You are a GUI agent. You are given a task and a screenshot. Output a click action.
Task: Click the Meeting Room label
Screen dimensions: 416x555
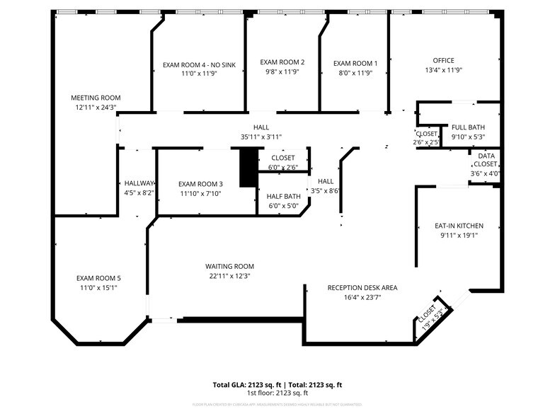coord(96,98)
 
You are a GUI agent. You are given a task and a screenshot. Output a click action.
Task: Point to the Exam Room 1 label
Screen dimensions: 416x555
coord(355,63)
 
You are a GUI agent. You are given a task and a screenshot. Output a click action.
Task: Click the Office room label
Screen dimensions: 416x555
coord(444,60)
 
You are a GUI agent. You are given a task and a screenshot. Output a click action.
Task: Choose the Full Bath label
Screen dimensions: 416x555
coord(468,127)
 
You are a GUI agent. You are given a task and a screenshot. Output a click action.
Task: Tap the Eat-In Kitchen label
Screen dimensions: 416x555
coord(458,226)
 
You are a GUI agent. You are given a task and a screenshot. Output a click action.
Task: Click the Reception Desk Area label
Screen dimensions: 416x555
coord(362,288)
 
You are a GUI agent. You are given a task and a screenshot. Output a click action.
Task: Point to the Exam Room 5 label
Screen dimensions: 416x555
coord(98,278)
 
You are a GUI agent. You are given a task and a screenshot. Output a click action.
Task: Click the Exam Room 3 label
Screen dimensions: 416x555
coord(200,183)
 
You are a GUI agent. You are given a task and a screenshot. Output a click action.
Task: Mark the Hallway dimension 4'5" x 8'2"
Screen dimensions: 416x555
coord(139,192)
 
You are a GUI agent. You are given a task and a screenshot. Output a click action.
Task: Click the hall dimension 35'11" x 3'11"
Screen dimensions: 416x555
coord(251,137)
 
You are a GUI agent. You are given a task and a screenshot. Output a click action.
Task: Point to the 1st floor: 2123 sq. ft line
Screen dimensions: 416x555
coord(277,393)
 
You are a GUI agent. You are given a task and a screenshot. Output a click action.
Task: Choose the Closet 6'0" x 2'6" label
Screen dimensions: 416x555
coord(282,158)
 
